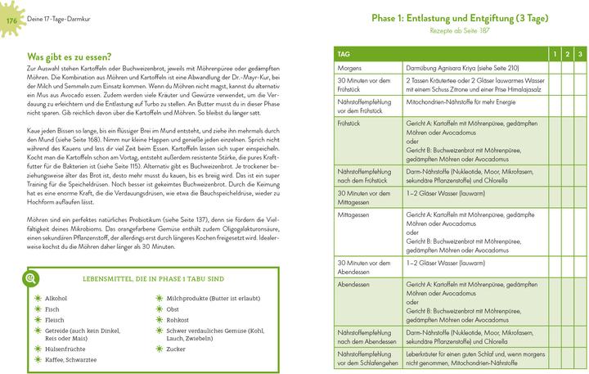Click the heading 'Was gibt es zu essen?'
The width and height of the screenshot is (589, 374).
69,56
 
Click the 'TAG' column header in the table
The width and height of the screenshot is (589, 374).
344,54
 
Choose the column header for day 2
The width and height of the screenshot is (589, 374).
567,54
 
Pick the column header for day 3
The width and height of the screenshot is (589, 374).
580,54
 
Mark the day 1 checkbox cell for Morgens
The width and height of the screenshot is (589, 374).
553,66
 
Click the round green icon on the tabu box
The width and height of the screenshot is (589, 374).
30,278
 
